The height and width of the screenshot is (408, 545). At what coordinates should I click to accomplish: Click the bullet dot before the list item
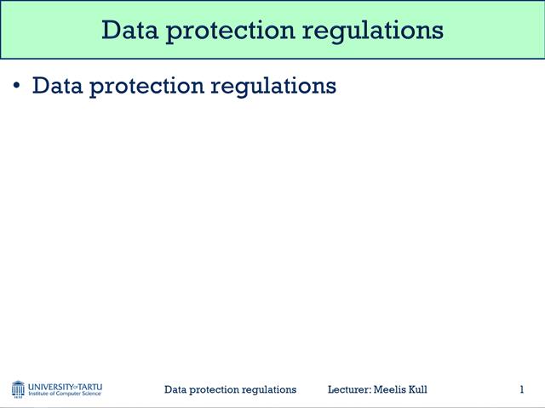[17, 87]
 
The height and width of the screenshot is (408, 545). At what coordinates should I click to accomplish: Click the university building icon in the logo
[18, 389]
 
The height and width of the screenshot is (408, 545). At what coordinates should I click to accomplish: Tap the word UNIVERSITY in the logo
[50, 386]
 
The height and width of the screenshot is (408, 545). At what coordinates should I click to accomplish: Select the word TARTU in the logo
[90, 386]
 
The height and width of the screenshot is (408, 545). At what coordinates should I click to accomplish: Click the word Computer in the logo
[71, 394]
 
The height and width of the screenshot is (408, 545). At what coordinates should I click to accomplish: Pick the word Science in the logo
[93, 394]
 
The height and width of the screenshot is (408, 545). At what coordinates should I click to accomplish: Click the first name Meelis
[390, 389]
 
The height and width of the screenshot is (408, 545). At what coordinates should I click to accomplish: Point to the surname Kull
[417, 389]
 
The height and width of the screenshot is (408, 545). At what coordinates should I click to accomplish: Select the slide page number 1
[521, 389]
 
